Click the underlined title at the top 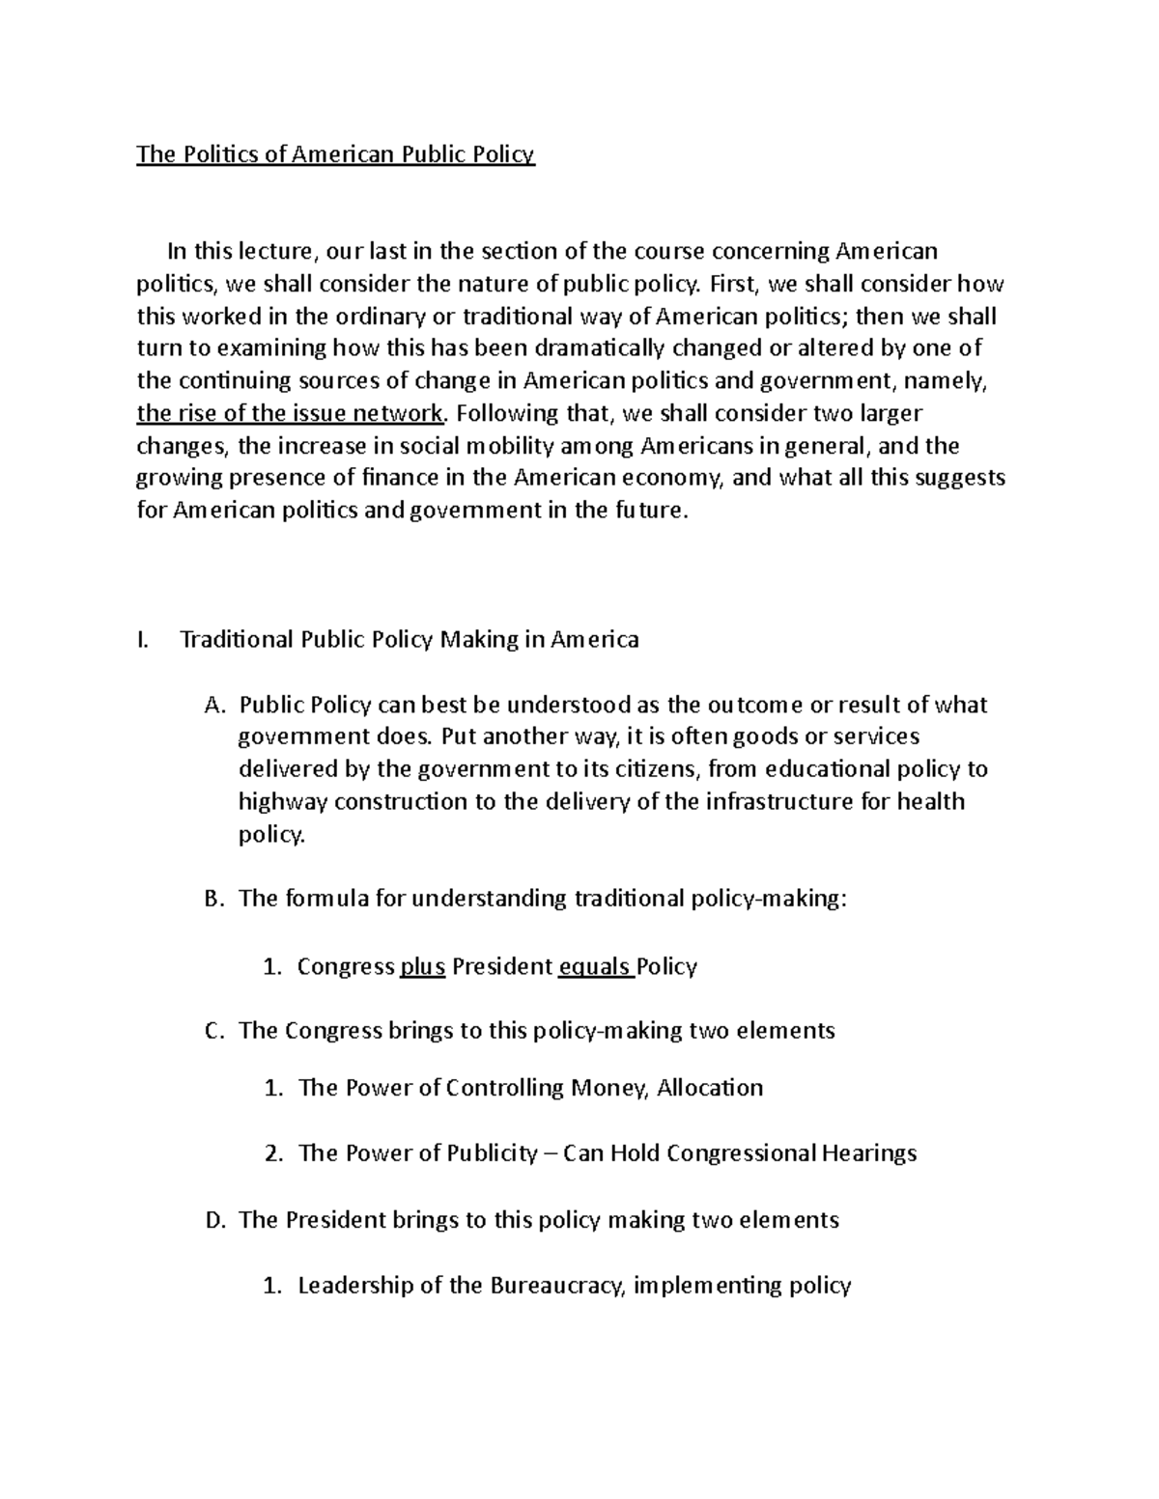coord(335,154)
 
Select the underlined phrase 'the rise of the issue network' coord(290,414)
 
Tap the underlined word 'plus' coord(422,966)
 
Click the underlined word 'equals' coord(594,966)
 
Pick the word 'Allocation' coord(710,1088)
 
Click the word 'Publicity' coord(493,1153)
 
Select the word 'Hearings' coord(869,1153)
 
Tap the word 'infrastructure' coord(778,802)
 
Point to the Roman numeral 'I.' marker coord(144,640)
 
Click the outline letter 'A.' coord(215,706)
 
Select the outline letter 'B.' coord(215,900)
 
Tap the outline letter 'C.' coord(215,1031)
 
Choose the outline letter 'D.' coord(215,1220)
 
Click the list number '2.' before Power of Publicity coord(274,1153)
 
